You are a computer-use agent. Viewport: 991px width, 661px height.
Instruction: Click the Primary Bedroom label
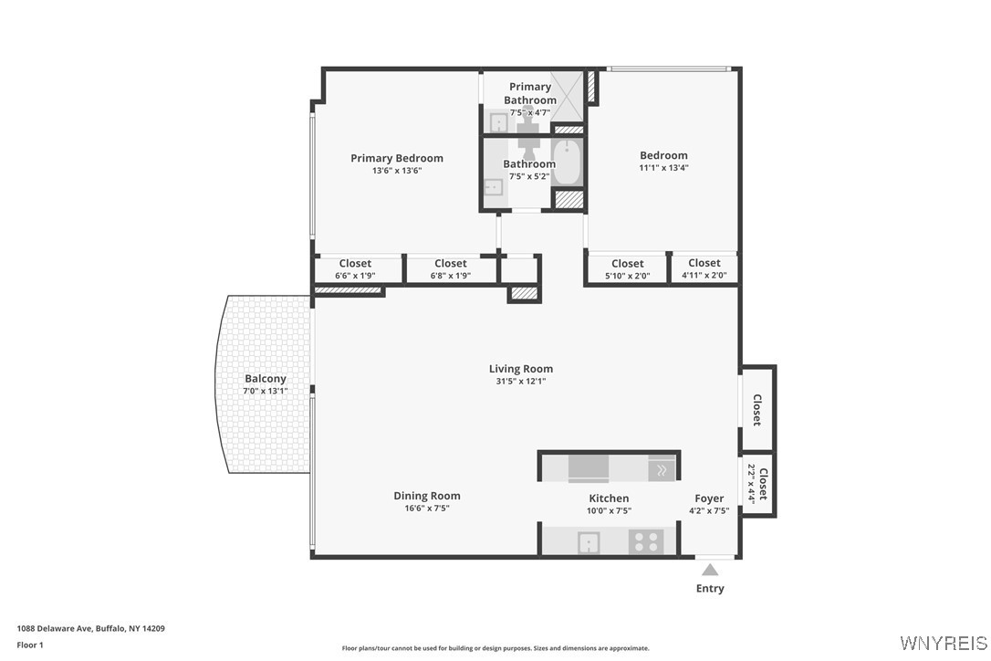point(397,158)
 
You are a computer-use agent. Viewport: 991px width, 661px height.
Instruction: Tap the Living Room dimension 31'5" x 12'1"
point(520,382)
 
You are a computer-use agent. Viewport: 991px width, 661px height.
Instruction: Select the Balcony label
point(265,379)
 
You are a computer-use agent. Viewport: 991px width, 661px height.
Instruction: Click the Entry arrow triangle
point(710,570)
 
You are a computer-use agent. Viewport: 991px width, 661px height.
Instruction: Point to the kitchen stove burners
point(645,541)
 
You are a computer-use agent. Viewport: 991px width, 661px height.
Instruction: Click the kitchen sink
point(589,542)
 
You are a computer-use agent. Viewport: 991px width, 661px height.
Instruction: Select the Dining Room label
point(426,496)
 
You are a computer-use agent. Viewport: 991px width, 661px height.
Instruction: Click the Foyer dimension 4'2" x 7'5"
point(709,511)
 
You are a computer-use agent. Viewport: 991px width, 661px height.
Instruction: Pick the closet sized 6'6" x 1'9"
point(355,269)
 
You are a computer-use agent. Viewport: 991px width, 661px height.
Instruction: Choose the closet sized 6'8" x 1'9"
point(451,269)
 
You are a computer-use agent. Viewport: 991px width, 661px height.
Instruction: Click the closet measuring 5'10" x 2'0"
point(627,269)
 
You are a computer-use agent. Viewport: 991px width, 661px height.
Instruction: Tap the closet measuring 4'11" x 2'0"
point(704,268)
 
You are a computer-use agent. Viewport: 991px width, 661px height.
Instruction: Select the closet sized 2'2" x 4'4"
point(757,484)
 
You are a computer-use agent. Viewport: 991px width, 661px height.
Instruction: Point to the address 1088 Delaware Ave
point(90,628)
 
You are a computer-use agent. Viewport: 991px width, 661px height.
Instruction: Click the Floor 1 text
point(30,645)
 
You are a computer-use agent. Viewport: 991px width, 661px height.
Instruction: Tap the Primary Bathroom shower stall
point(569,94)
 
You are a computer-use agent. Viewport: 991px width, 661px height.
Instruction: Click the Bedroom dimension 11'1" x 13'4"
point(663,168)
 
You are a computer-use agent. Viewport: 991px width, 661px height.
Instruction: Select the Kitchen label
point(609,498)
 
